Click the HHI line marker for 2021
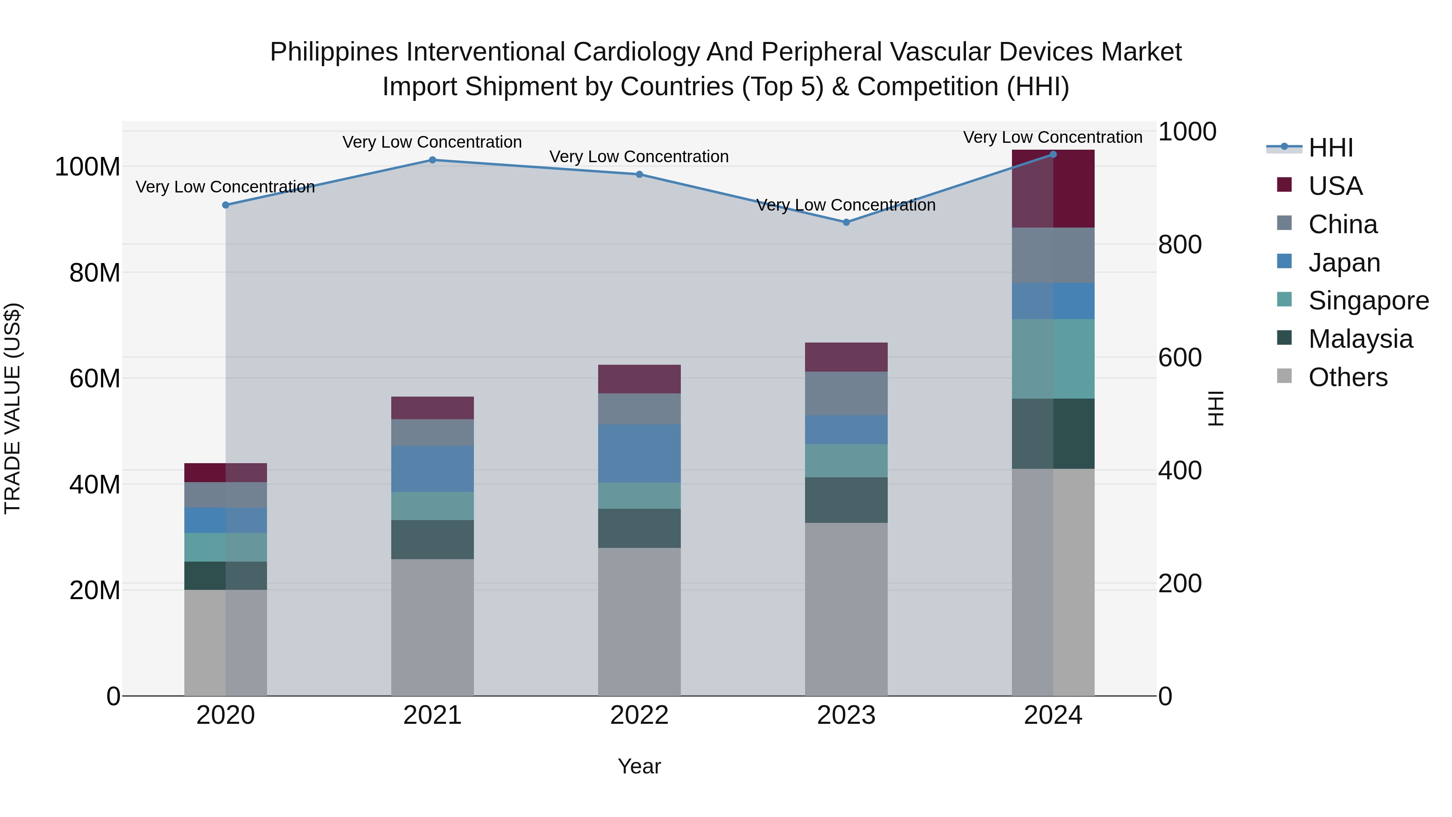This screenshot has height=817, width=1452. coord(432,160)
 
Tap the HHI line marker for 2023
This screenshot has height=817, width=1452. coord(846,223)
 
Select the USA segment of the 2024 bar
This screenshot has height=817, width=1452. coord(1053,189)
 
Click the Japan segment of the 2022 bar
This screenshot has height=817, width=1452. coord(639,453)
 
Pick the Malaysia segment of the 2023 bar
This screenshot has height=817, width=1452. coord(846,500)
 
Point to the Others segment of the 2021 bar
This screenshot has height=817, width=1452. coord(432,627)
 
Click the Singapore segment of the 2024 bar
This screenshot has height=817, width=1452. coord(1053,359)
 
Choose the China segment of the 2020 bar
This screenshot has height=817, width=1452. coord(225,495)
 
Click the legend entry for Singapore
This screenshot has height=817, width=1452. coord(1368,301)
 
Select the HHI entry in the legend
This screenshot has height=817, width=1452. coord(1330,148)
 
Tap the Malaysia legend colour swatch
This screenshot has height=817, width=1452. coord(1284,339)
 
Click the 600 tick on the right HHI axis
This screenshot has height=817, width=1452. coord(1180,357)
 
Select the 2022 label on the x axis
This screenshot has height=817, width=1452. coord(639,715)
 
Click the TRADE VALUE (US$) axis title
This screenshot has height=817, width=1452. coord(13,408)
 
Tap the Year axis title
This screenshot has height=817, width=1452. coord(639,766)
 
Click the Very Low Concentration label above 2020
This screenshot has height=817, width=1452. coord(225,187)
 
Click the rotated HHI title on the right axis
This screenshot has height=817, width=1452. coord(1216,408)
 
